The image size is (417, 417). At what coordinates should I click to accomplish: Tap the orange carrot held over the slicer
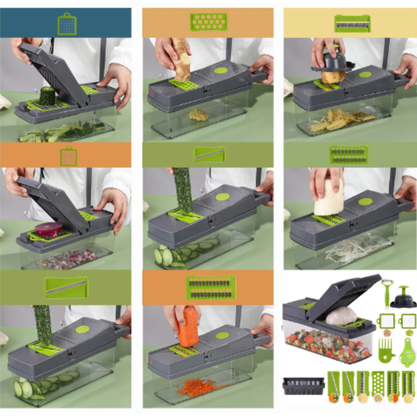pos(188,327)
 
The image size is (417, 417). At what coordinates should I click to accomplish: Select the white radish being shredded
pos(329,197)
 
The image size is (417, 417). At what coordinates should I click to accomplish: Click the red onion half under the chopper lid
pos(48,229)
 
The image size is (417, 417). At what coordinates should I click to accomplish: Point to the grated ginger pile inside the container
pos(198,115)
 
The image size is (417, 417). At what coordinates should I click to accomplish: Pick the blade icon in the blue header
pos(67,24)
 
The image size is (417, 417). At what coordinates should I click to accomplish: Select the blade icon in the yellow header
pos(352,24)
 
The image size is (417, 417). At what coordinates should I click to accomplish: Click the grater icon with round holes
pos(208,22)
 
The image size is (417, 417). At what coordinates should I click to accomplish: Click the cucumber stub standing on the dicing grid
pos(47,96)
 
